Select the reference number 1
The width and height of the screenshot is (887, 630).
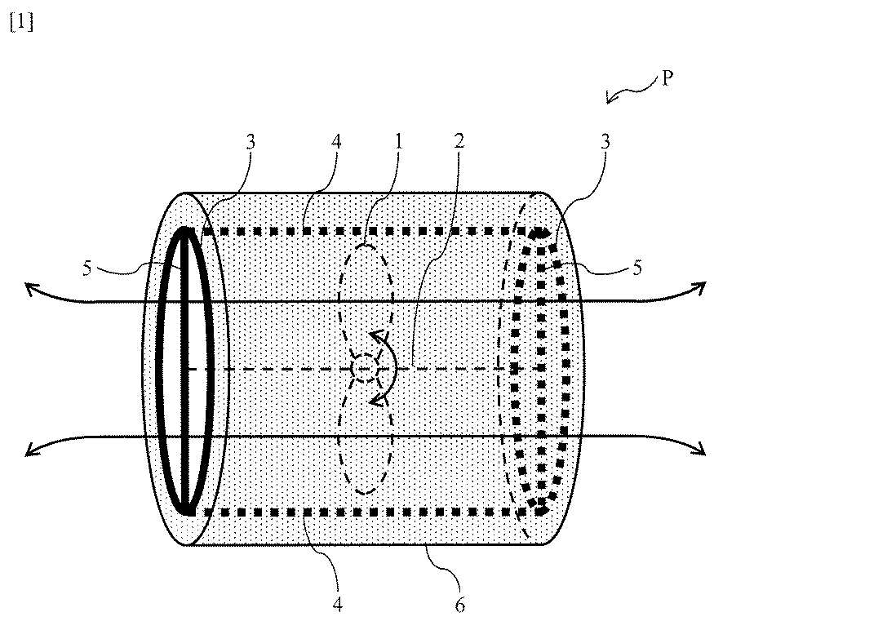397,141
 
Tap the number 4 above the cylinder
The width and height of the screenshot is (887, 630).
336,141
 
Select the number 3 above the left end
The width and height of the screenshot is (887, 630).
251,141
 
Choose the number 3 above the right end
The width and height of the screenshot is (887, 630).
605,141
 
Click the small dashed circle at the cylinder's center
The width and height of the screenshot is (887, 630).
366,370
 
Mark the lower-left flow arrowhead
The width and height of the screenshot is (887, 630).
29,448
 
